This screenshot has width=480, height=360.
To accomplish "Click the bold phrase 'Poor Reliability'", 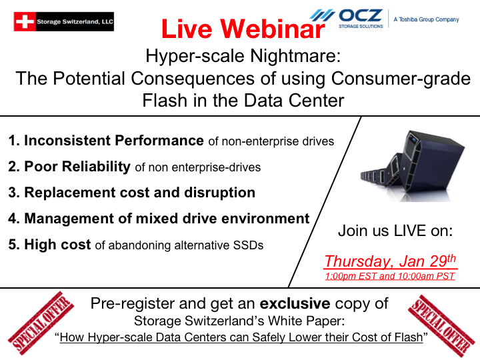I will (77, 167).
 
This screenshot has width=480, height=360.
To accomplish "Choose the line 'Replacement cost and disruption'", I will (132, 193).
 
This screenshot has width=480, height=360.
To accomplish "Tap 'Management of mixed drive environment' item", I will (159, 219).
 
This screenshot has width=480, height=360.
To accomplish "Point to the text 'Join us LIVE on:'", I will (395, 231).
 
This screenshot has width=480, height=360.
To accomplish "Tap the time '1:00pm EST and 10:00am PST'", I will (389, 275).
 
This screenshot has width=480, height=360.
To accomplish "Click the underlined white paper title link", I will (241, 337).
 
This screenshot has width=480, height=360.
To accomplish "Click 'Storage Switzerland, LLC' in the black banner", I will (75, 21).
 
